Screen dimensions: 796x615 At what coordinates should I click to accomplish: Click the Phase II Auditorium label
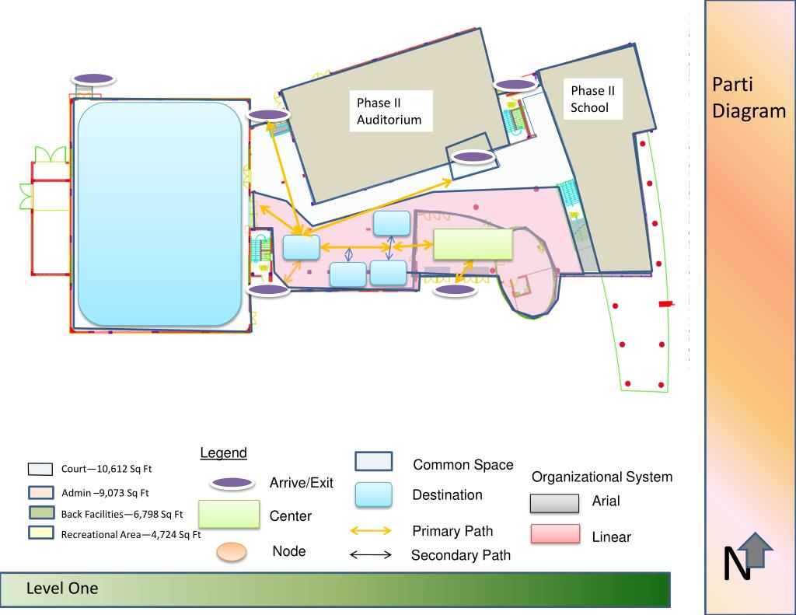click(x=389, y=111)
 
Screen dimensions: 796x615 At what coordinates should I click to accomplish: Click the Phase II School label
click(x=592, y=100)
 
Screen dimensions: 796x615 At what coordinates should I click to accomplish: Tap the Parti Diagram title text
click(x=749, y=98)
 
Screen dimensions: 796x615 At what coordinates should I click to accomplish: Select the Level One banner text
click(x=62, y=589)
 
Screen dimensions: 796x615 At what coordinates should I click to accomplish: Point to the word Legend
click(x=223, y=453)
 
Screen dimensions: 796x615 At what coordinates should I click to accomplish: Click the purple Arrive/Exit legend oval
click(x=232, y=484)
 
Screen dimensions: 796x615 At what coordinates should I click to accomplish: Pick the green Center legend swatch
click(x=229, y=515)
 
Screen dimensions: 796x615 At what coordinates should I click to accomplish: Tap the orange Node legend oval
click(x=229, y=552)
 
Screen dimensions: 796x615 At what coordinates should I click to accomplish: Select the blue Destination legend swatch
click(x=373, y=495)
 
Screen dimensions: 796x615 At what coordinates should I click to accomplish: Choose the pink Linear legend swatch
click(x=555, y=534)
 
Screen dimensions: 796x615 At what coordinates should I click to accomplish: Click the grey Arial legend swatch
click(x=555, y=503)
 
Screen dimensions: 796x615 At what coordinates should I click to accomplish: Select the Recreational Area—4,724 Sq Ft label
click(x=131, y=534)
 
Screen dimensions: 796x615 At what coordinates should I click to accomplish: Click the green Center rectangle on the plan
click(x=473, y=244)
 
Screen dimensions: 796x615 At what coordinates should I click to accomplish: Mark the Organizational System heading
click(x=602, y=477)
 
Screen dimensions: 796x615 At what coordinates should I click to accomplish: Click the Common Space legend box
click(x=373, y=462)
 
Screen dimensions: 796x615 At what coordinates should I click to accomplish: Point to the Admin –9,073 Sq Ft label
click(x=105, y=492)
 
